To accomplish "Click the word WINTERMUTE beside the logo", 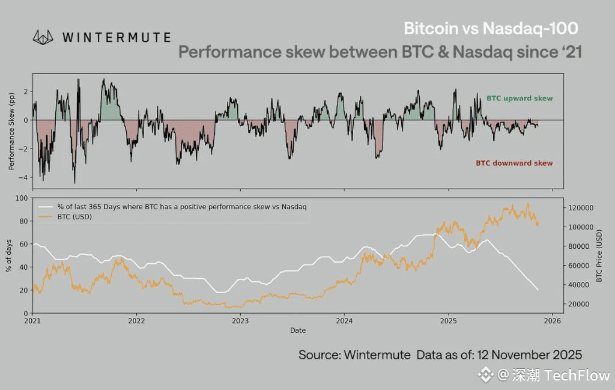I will coord(116,37).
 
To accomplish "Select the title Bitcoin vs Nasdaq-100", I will coord(491,28).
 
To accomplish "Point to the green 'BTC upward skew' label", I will coord(519,98).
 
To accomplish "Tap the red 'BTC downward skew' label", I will coord(514,163).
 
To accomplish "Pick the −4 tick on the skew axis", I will coord(25,177).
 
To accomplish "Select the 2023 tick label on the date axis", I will coord(240,321).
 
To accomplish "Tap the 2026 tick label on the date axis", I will coord(552,321).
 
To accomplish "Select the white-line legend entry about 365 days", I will coord(180,207).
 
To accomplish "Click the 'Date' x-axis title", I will coord(297,331).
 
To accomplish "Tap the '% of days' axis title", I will coord(9,255).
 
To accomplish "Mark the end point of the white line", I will coord(538,290).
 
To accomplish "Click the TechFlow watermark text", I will coord(577,376).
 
